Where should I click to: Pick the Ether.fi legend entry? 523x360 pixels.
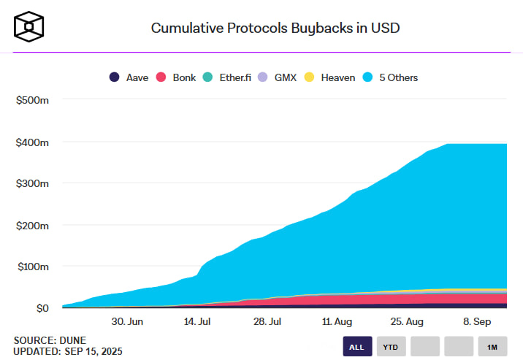click(228, 77)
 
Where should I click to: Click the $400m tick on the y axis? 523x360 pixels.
click(32, 142)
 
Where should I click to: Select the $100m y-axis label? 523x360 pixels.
click(32, 267)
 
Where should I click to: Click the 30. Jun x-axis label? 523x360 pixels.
click(127, 321)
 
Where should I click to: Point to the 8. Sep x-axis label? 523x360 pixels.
click(476, 321)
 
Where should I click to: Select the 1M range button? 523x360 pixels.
click(492, 347)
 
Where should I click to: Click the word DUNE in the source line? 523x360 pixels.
click(74, 340)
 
